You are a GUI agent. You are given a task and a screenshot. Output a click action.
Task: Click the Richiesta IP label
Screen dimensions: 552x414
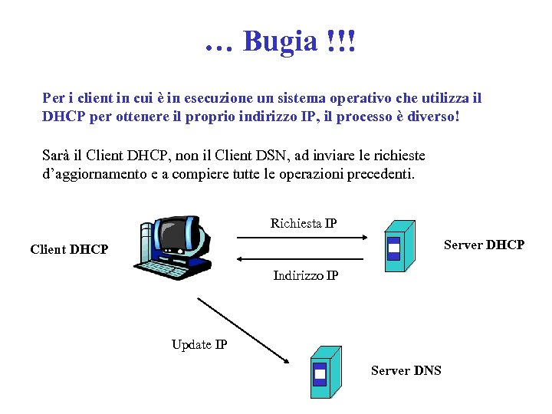(304, 224)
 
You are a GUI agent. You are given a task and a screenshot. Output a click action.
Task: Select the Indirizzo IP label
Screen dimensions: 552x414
(306, 275)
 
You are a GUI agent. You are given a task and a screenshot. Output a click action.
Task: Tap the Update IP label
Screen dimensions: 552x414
(199, 344)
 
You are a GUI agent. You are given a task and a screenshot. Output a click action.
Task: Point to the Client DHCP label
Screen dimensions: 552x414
(69, 249)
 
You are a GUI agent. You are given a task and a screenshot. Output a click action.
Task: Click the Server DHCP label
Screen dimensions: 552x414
(484, 245)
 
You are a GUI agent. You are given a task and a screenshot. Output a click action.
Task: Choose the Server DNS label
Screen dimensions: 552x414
(406, 370)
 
